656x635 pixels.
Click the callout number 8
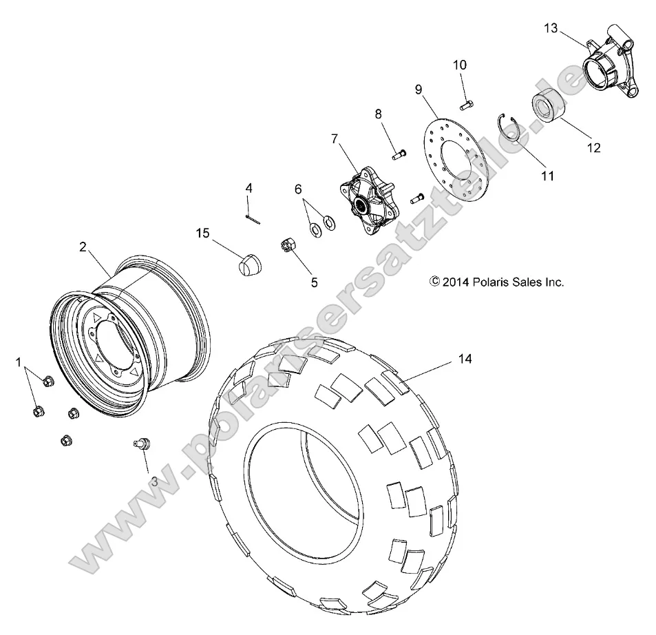point(377,114)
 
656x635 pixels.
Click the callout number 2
point(83,247)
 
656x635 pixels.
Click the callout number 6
point(298,189)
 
